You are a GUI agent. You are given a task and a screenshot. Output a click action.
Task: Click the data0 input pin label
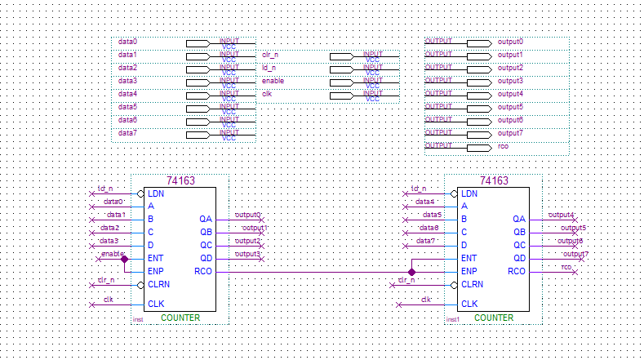coord(127,42)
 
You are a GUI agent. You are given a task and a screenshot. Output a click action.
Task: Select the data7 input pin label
coord(127,133)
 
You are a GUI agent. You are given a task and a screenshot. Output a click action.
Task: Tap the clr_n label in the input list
coord(271,55)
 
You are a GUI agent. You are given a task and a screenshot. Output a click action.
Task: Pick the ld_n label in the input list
coord(269,68)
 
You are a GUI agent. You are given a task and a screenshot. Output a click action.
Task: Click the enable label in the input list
coord(273,81)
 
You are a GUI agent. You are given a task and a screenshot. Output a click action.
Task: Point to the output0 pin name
coord(510,42)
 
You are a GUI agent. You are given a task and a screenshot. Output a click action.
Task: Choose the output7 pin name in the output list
coord(510,133)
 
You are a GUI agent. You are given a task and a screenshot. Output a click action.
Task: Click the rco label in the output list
coord(503,146)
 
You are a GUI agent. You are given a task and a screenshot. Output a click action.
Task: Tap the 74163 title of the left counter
coord(180,181)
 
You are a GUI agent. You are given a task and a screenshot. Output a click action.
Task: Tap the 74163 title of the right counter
coord(494,181)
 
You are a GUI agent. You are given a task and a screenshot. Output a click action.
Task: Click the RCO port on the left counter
coord(203,271)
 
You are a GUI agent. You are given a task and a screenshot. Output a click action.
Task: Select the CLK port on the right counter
coord(469,304)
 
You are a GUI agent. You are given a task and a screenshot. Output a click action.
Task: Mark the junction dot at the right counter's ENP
coord(412,271)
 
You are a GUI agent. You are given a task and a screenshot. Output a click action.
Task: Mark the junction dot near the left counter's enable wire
coord(124,258)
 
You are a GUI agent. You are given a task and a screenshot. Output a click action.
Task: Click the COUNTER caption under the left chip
coord(180,318)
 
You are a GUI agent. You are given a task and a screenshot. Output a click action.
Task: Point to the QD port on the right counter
coord(519,258)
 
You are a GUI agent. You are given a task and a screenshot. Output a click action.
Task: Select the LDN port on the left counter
coord(156,193)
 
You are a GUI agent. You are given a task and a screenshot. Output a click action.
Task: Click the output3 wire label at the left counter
coord(247,255)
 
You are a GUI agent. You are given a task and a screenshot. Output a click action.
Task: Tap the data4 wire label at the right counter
coord(424,202)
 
